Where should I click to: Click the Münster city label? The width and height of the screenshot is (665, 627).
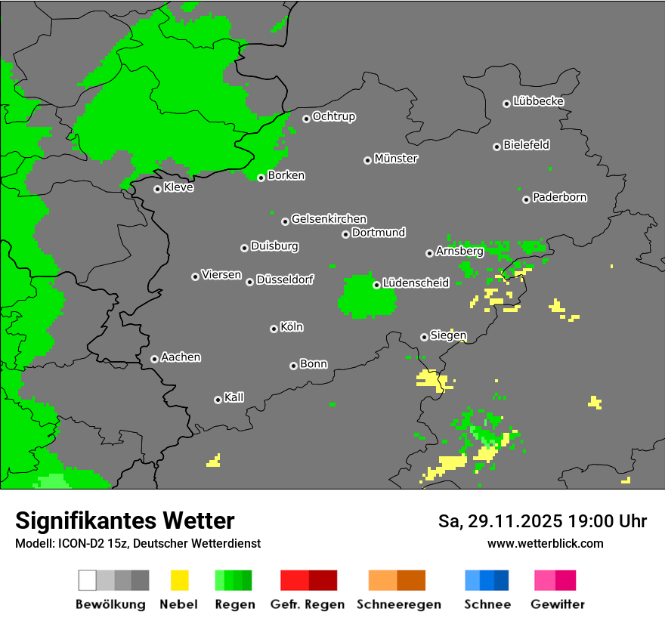(x=396, y=159)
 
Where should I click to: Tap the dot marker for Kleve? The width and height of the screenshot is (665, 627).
(x=157, y=189)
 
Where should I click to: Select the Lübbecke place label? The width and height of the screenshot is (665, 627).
(x=538, y=101)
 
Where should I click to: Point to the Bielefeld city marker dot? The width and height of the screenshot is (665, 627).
(x=496, y=147)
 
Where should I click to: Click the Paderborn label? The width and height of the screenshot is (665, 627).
(x=559, y=197)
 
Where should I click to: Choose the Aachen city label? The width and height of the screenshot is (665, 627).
(x=181, y=357)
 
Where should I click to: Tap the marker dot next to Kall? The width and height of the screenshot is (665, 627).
(x=218, y=400)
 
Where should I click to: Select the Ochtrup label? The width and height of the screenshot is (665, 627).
(x=333, y=116)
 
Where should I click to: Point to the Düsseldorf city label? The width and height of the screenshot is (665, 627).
(x=284, y=280)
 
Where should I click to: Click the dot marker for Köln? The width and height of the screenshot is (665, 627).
(x=274, y=329)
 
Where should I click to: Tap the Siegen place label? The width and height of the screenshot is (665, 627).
(x=448, y=335)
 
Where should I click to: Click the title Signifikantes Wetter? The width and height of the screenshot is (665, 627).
(x=125, y=520)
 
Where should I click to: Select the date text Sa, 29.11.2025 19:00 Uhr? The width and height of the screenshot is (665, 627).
(x=543, y=521)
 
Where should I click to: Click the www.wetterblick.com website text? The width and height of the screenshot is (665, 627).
(x=545, y=543)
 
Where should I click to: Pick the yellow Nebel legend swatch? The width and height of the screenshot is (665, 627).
(x=178, y=580)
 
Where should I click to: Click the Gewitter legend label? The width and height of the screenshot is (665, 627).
(x=557, y=604)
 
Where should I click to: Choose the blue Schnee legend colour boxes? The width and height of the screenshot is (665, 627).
(x=487, y=580)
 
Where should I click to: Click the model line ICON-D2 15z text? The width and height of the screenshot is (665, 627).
(x=138, y=543)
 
